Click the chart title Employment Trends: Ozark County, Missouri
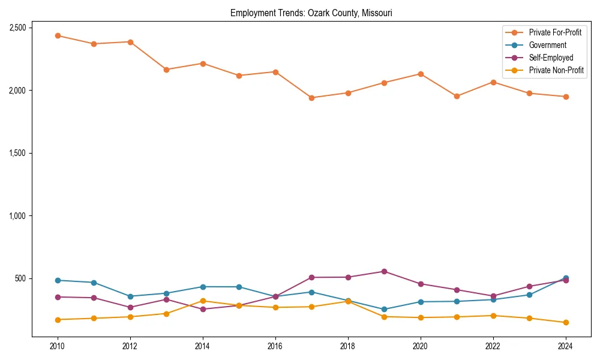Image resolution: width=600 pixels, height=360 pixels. point(311,13)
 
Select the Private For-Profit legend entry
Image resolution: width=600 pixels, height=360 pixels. point(555,32)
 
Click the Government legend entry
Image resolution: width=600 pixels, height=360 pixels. point(547,45)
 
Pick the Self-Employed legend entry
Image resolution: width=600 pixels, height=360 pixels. point(551,58)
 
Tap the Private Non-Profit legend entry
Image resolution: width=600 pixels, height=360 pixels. point(556,70)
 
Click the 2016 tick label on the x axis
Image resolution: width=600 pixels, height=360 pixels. point(275,346)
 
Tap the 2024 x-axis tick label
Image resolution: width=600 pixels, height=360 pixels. point(565,346)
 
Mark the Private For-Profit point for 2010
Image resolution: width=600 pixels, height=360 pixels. point(58,36)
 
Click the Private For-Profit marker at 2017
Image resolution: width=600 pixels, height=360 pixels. point(311,98)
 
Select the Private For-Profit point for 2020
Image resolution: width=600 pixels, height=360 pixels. point(420,74)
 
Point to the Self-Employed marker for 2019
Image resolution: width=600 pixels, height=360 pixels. point(384,271)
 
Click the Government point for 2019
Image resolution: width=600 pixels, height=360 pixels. point(384,310)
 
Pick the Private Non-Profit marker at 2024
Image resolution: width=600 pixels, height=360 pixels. point(565,323)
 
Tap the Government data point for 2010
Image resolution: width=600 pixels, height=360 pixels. point(58,280)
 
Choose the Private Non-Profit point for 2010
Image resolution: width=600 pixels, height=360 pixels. point(58,320)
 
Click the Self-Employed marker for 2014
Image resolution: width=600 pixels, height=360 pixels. point(203,309)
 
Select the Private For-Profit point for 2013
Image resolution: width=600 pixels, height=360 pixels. point(166,70)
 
